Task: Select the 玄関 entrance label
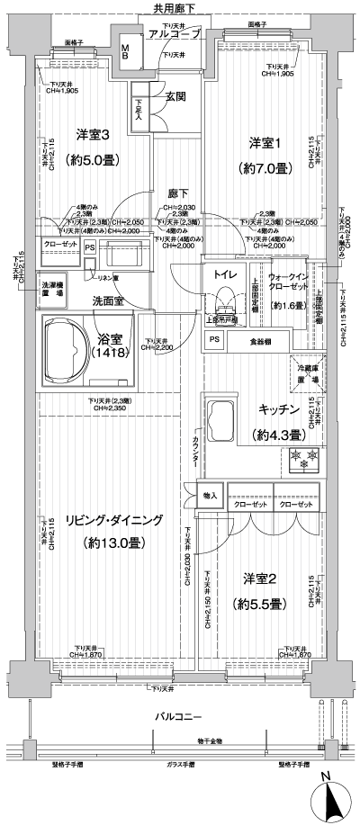175,96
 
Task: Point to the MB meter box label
126,51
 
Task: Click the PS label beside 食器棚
214,340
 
